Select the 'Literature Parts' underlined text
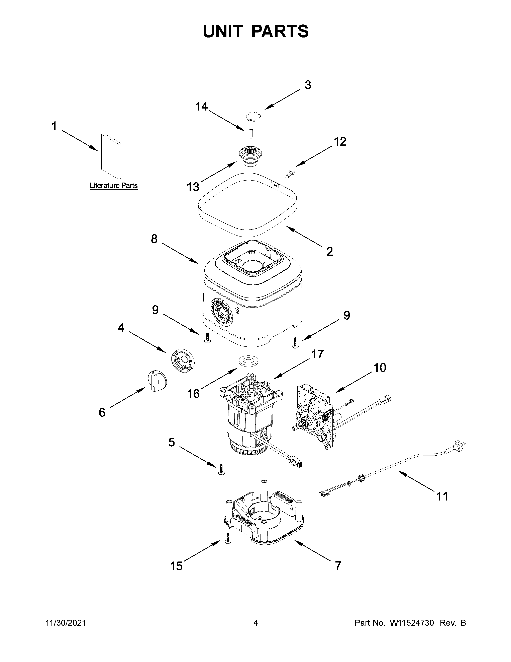113,186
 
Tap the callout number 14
202,107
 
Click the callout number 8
154,239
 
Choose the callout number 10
380,368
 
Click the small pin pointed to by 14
251,133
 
